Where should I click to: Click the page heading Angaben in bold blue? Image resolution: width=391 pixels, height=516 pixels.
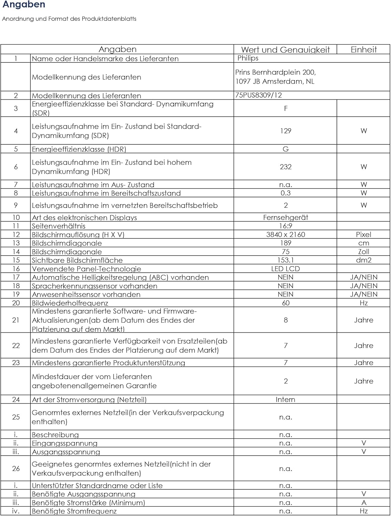point(24,5)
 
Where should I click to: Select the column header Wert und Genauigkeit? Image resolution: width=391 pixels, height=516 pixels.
point(285,50)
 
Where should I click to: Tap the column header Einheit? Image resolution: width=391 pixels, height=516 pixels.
point(363,50)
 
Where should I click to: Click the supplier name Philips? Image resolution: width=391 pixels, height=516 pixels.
point(248,58)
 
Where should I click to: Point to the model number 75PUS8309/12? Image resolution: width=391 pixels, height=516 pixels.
point(259,95)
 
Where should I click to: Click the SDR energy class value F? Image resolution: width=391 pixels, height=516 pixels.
point(285,109)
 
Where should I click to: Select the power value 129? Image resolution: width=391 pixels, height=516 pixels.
point(285,131)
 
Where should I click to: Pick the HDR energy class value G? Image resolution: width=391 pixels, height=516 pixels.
point(285,149)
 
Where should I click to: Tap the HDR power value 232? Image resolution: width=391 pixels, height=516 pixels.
point(285,167)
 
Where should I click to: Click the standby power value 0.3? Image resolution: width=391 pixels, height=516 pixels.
point(285,193)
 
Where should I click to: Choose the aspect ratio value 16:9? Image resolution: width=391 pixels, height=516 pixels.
point(285,226)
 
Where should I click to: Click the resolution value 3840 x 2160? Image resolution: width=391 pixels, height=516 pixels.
point(285,235)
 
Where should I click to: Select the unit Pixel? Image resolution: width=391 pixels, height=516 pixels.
point(363,235)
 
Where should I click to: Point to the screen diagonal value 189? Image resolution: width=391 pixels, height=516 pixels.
point(285,243)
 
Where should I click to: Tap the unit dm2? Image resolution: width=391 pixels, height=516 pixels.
point(363,260)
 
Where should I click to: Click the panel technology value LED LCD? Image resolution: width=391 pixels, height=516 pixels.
point(285,269)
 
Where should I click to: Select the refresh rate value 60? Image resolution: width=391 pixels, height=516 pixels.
point(285,303)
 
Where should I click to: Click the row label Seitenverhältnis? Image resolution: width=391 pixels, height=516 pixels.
point(58,226)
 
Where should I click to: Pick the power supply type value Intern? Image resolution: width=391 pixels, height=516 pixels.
point(285,399)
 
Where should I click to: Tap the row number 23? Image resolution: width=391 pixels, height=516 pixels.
point(16,363)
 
